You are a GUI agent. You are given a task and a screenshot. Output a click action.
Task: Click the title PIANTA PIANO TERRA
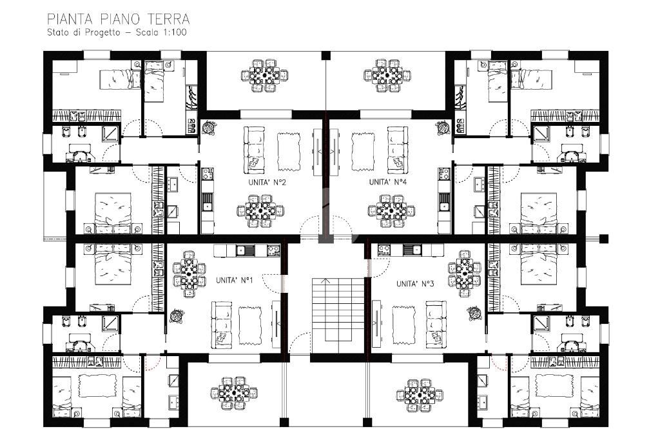tap(119, 19)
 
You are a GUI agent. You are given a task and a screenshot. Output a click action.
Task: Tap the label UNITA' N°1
tap(234, 280)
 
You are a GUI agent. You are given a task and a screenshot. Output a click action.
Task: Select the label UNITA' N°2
tap(267, 183)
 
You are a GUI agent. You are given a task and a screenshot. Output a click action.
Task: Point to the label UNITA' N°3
tap(415, 284)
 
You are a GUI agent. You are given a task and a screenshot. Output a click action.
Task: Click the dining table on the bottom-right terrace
tap(419, 395)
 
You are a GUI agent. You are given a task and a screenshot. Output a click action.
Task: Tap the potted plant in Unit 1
tap(177, 315)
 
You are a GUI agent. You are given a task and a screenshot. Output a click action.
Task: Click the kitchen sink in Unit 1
tap(246, 251)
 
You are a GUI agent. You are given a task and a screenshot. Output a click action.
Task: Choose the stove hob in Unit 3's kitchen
tap(383, 251)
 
